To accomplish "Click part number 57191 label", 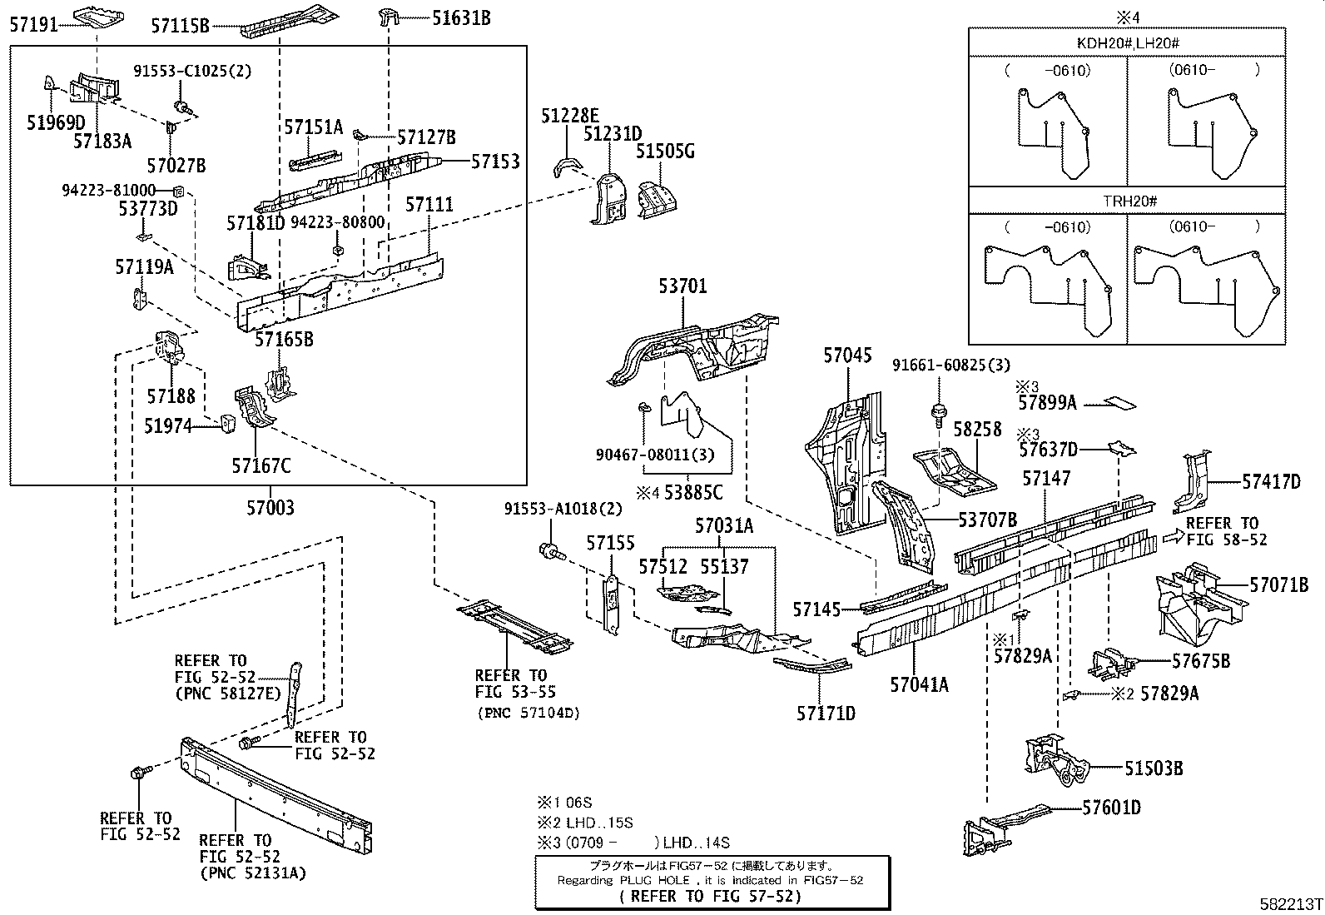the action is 34,24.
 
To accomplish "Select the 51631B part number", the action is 461,17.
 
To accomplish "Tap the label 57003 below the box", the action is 270,507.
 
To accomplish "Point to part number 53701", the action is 682,286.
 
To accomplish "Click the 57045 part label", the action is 847,356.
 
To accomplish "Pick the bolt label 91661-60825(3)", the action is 951,366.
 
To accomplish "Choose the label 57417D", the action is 1271,482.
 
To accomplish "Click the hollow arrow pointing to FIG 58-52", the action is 1173,536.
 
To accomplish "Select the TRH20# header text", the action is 1129,201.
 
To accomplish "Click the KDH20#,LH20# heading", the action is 1128,43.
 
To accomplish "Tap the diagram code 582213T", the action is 1291,904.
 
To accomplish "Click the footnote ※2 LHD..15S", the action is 585,823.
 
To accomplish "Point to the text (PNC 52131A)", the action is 253,873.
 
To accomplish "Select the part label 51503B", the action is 1154,768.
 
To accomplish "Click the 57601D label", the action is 1111,808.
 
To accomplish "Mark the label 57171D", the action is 826,714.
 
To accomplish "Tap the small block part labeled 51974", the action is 228,423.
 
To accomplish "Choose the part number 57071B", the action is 1279,584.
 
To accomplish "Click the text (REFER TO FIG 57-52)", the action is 711,896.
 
